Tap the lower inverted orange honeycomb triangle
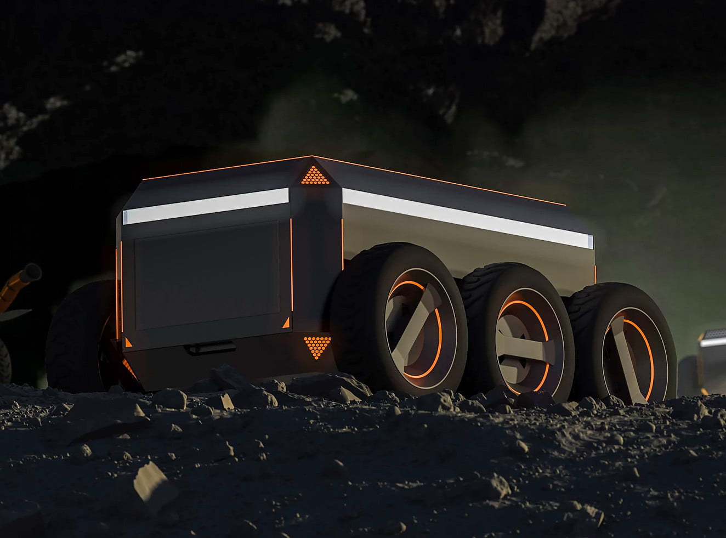pyautogui.click(x=317, y=346)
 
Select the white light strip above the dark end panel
pyautogui.click(x=206, y=206)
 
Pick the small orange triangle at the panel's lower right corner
pyautogui.click(x=286, y=324)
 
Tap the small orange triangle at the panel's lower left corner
pyautogui.click(x=128, y=343)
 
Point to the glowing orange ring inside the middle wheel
pyautogui.click(x=543, y=324)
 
